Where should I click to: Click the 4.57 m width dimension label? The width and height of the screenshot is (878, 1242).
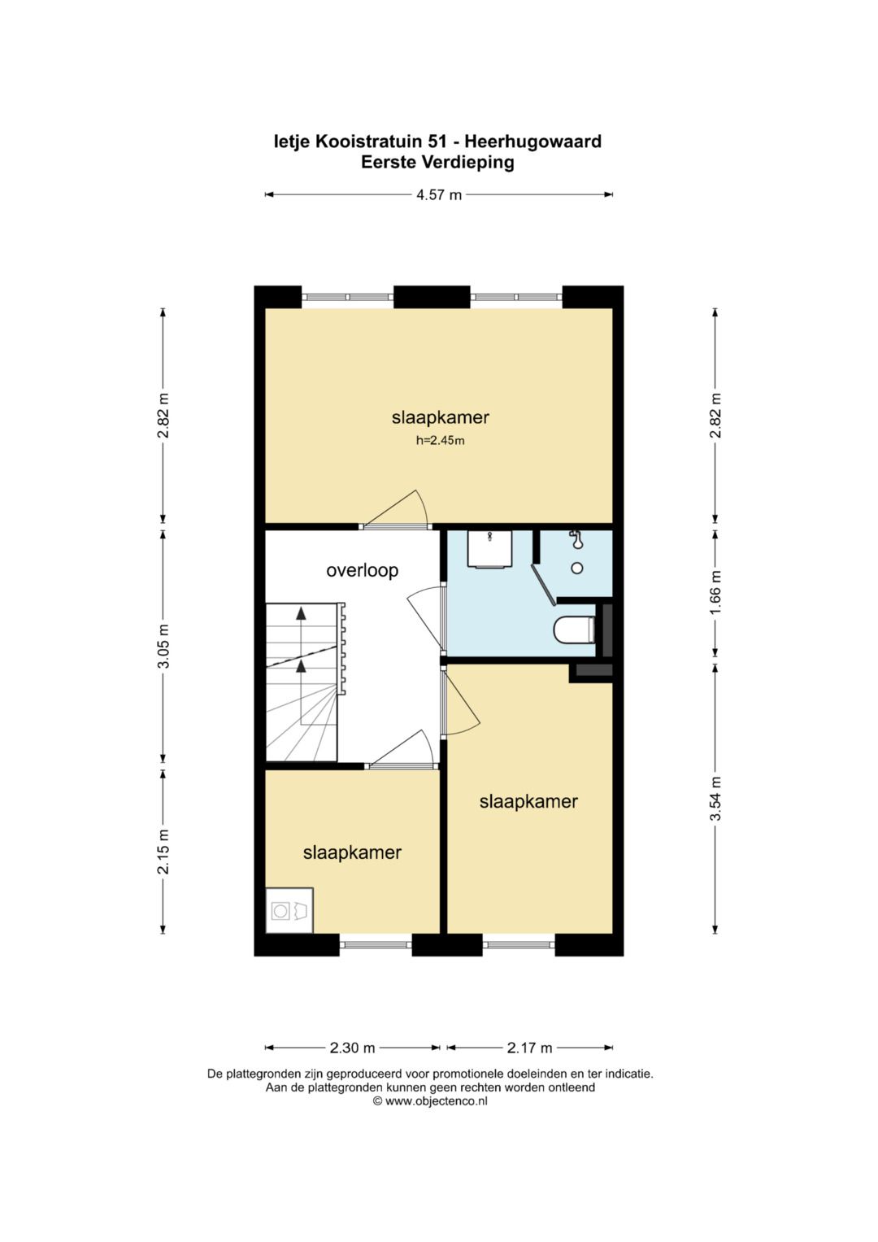(439, 194)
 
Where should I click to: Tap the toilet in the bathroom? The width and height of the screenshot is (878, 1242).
(574, 630)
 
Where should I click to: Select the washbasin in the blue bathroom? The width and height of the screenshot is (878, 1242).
(490, 549)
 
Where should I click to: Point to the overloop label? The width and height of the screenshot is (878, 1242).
(362, 570)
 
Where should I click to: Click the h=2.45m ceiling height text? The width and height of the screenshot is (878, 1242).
(440, 441)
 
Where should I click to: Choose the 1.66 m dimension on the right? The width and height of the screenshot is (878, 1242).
(715, 592)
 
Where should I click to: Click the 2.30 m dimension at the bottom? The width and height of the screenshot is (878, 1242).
(353, 1048)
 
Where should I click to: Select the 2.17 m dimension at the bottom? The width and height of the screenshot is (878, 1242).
(529, 1048)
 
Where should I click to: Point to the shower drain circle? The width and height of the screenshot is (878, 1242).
(577, 569)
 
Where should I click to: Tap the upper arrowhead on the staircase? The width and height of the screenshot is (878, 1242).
(301, 612)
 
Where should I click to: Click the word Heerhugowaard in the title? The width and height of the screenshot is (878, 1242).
(532, 142)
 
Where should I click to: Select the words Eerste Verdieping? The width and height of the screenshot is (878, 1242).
(438, 163)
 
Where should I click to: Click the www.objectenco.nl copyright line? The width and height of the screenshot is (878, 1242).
(430, 1102)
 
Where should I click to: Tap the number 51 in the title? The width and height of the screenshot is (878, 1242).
(437, 142)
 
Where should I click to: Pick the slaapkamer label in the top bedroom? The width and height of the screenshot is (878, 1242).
(440, 417)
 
